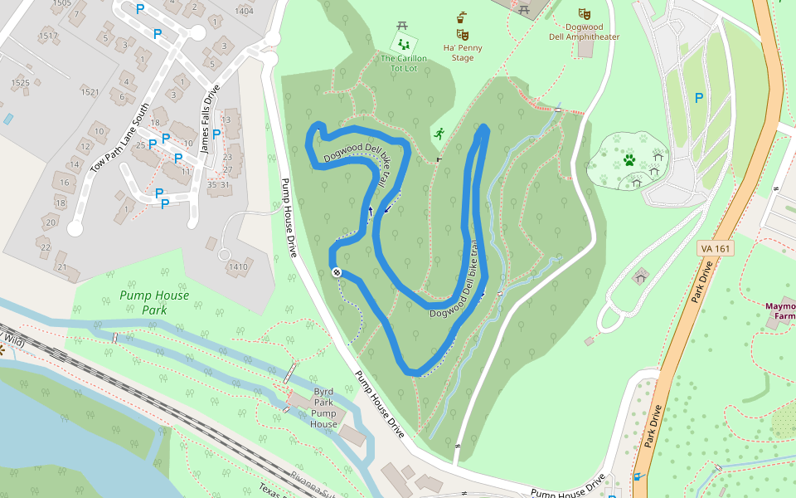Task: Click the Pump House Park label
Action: click(153, 302)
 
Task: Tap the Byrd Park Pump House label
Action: click(323, 408)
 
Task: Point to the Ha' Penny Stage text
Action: click(463, 52)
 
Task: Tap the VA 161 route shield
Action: click(714, 249)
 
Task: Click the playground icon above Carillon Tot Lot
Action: click(404, 42)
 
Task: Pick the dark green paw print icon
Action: click(629, 158)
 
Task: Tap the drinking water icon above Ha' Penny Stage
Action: click(462, 17)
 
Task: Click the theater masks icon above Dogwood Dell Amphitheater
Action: click(585, 14)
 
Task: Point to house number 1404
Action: click(245, 11)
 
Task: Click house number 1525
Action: click(20, 82)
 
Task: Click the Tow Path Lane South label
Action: click(120, 138)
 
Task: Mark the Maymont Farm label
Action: click(780, 311)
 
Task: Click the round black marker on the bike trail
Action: click(337, 272)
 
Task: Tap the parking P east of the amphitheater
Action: click(699, 97)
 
